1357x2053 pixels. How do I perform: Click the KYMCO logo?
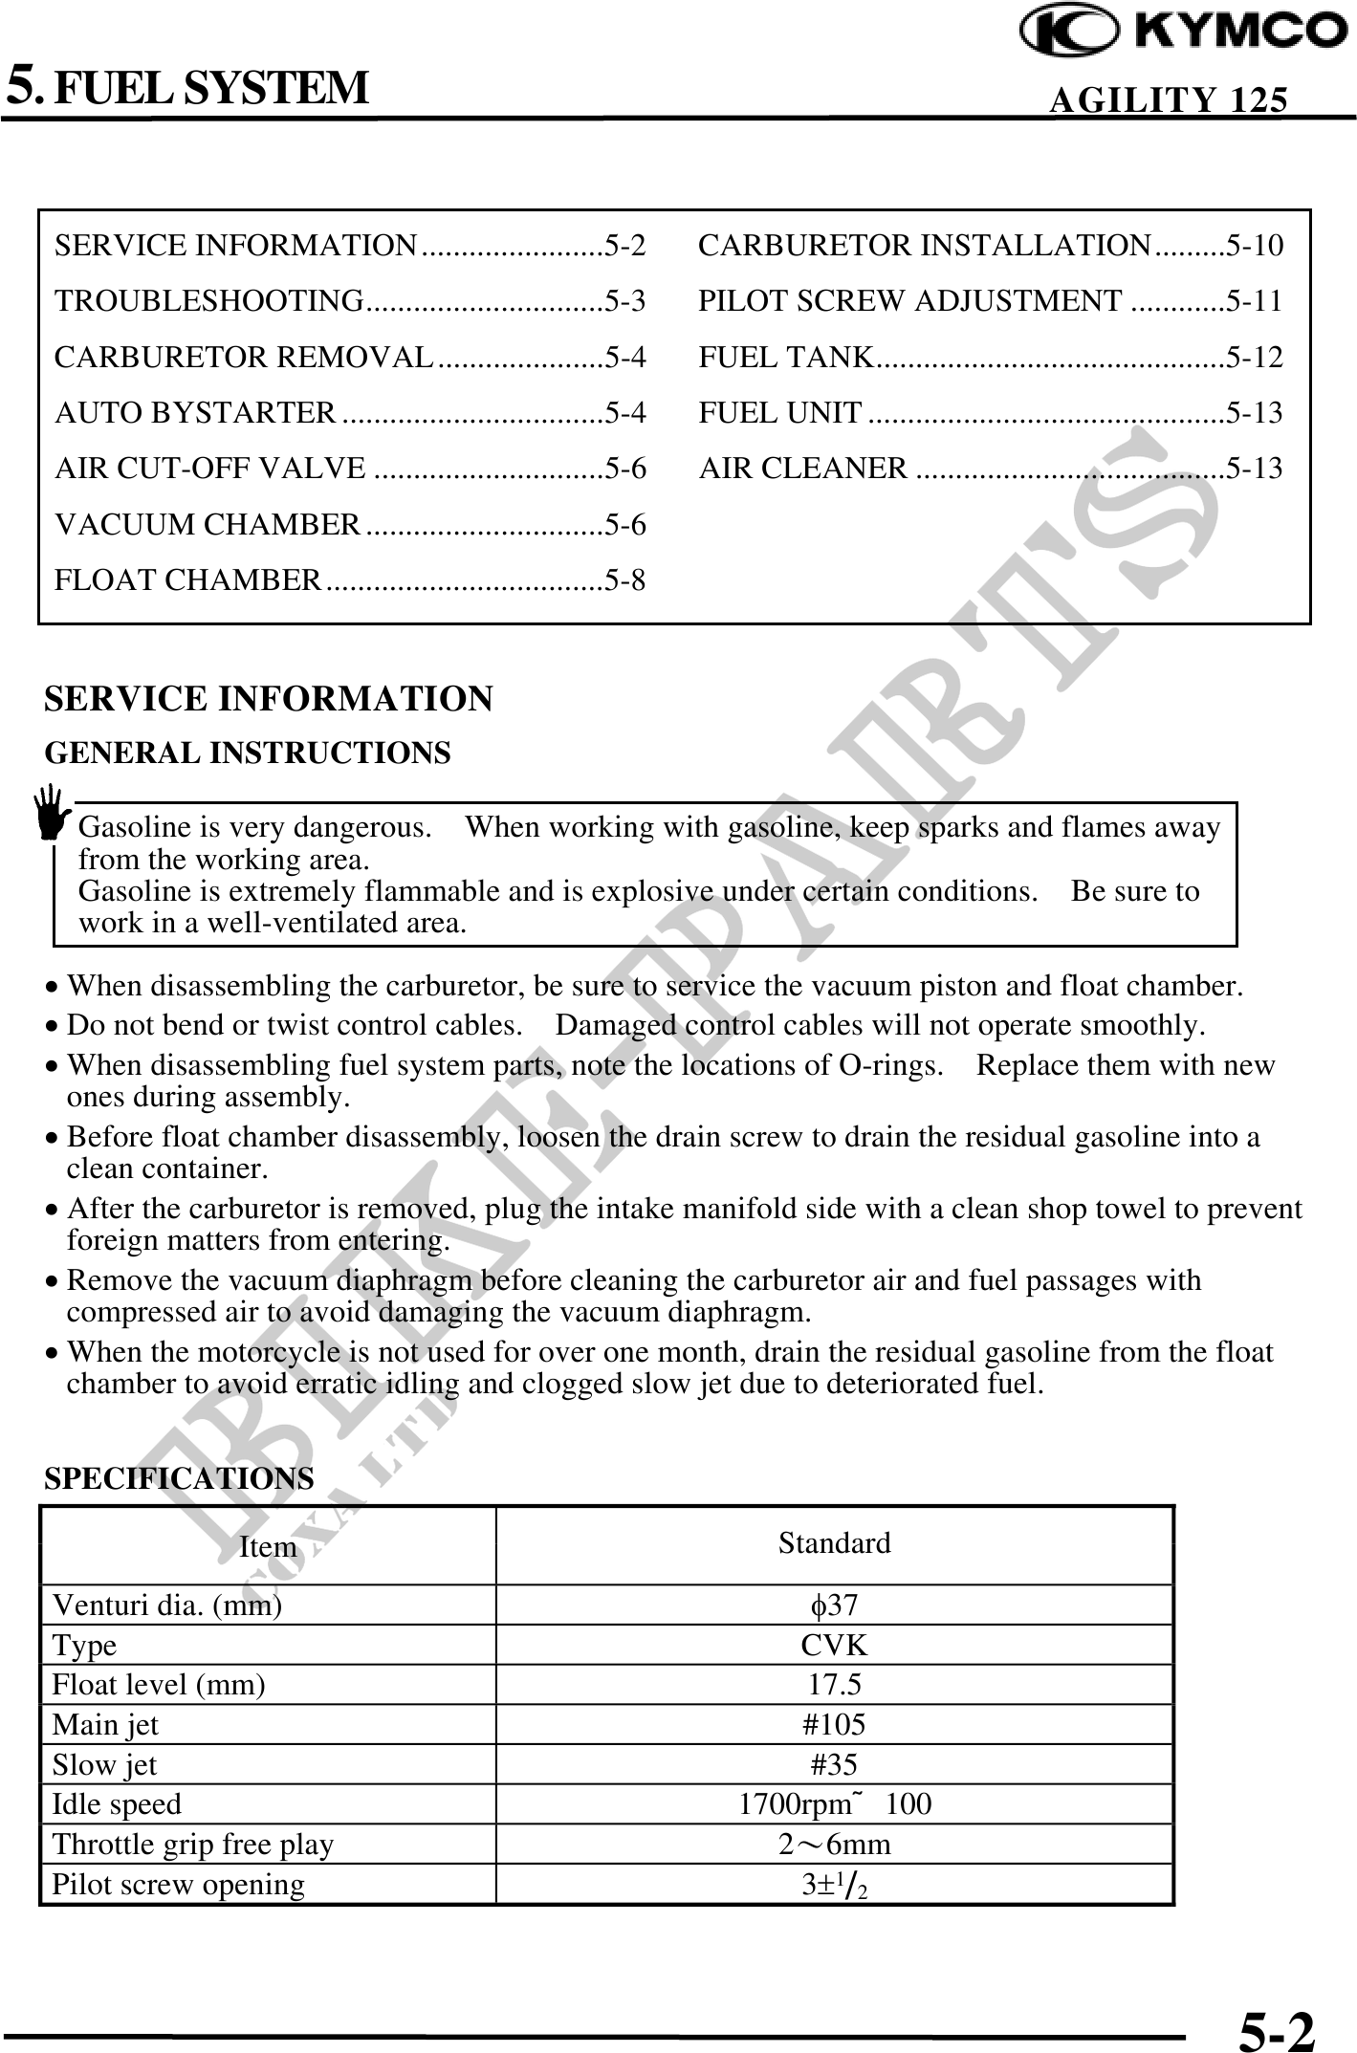pyautogui.click(x=1184, y=32)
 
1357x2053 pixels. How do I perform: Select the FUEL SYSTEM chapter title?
pyautogui.click(x=210, y=87)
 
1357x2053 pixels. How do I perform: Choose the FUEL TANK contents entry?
pyautogui.click(x=785, y=358)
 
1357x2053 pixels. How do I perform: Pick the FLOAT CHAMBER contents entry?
pyautogui.click(x=188, y=580)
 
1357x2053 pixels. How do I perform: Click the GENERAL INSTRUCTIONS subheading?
pyautogui.click(x=248, y=753)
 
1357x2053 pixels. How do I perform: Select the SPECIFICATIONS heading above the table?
pyautogui.click(x=179, y=1478)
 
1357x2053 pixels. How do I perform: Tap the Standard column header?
pyautogui.click(x=834, y=1542)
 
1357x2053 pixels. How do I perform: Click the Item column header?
pyautogui.click(x=268, y=1546)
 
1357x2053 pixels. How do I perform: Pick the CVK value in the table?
pyautogui.click(x=834, y=1645)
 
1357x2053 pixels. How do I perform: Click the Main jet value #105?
pyautogui.click(x=834, y=1724)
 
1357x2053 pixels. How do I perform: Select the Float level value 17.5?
pyautogui.click(x=834, y=1684)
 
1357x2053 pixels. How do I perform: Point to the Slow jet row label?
pyautogui.click(x=104, y=1764)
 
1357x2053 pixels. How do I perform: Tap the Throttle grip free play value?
pyautogui.click(x=834, y=1844)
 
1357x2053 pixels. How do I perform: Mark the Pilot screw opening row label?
pyautogui.click(x=178, y=1884)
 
